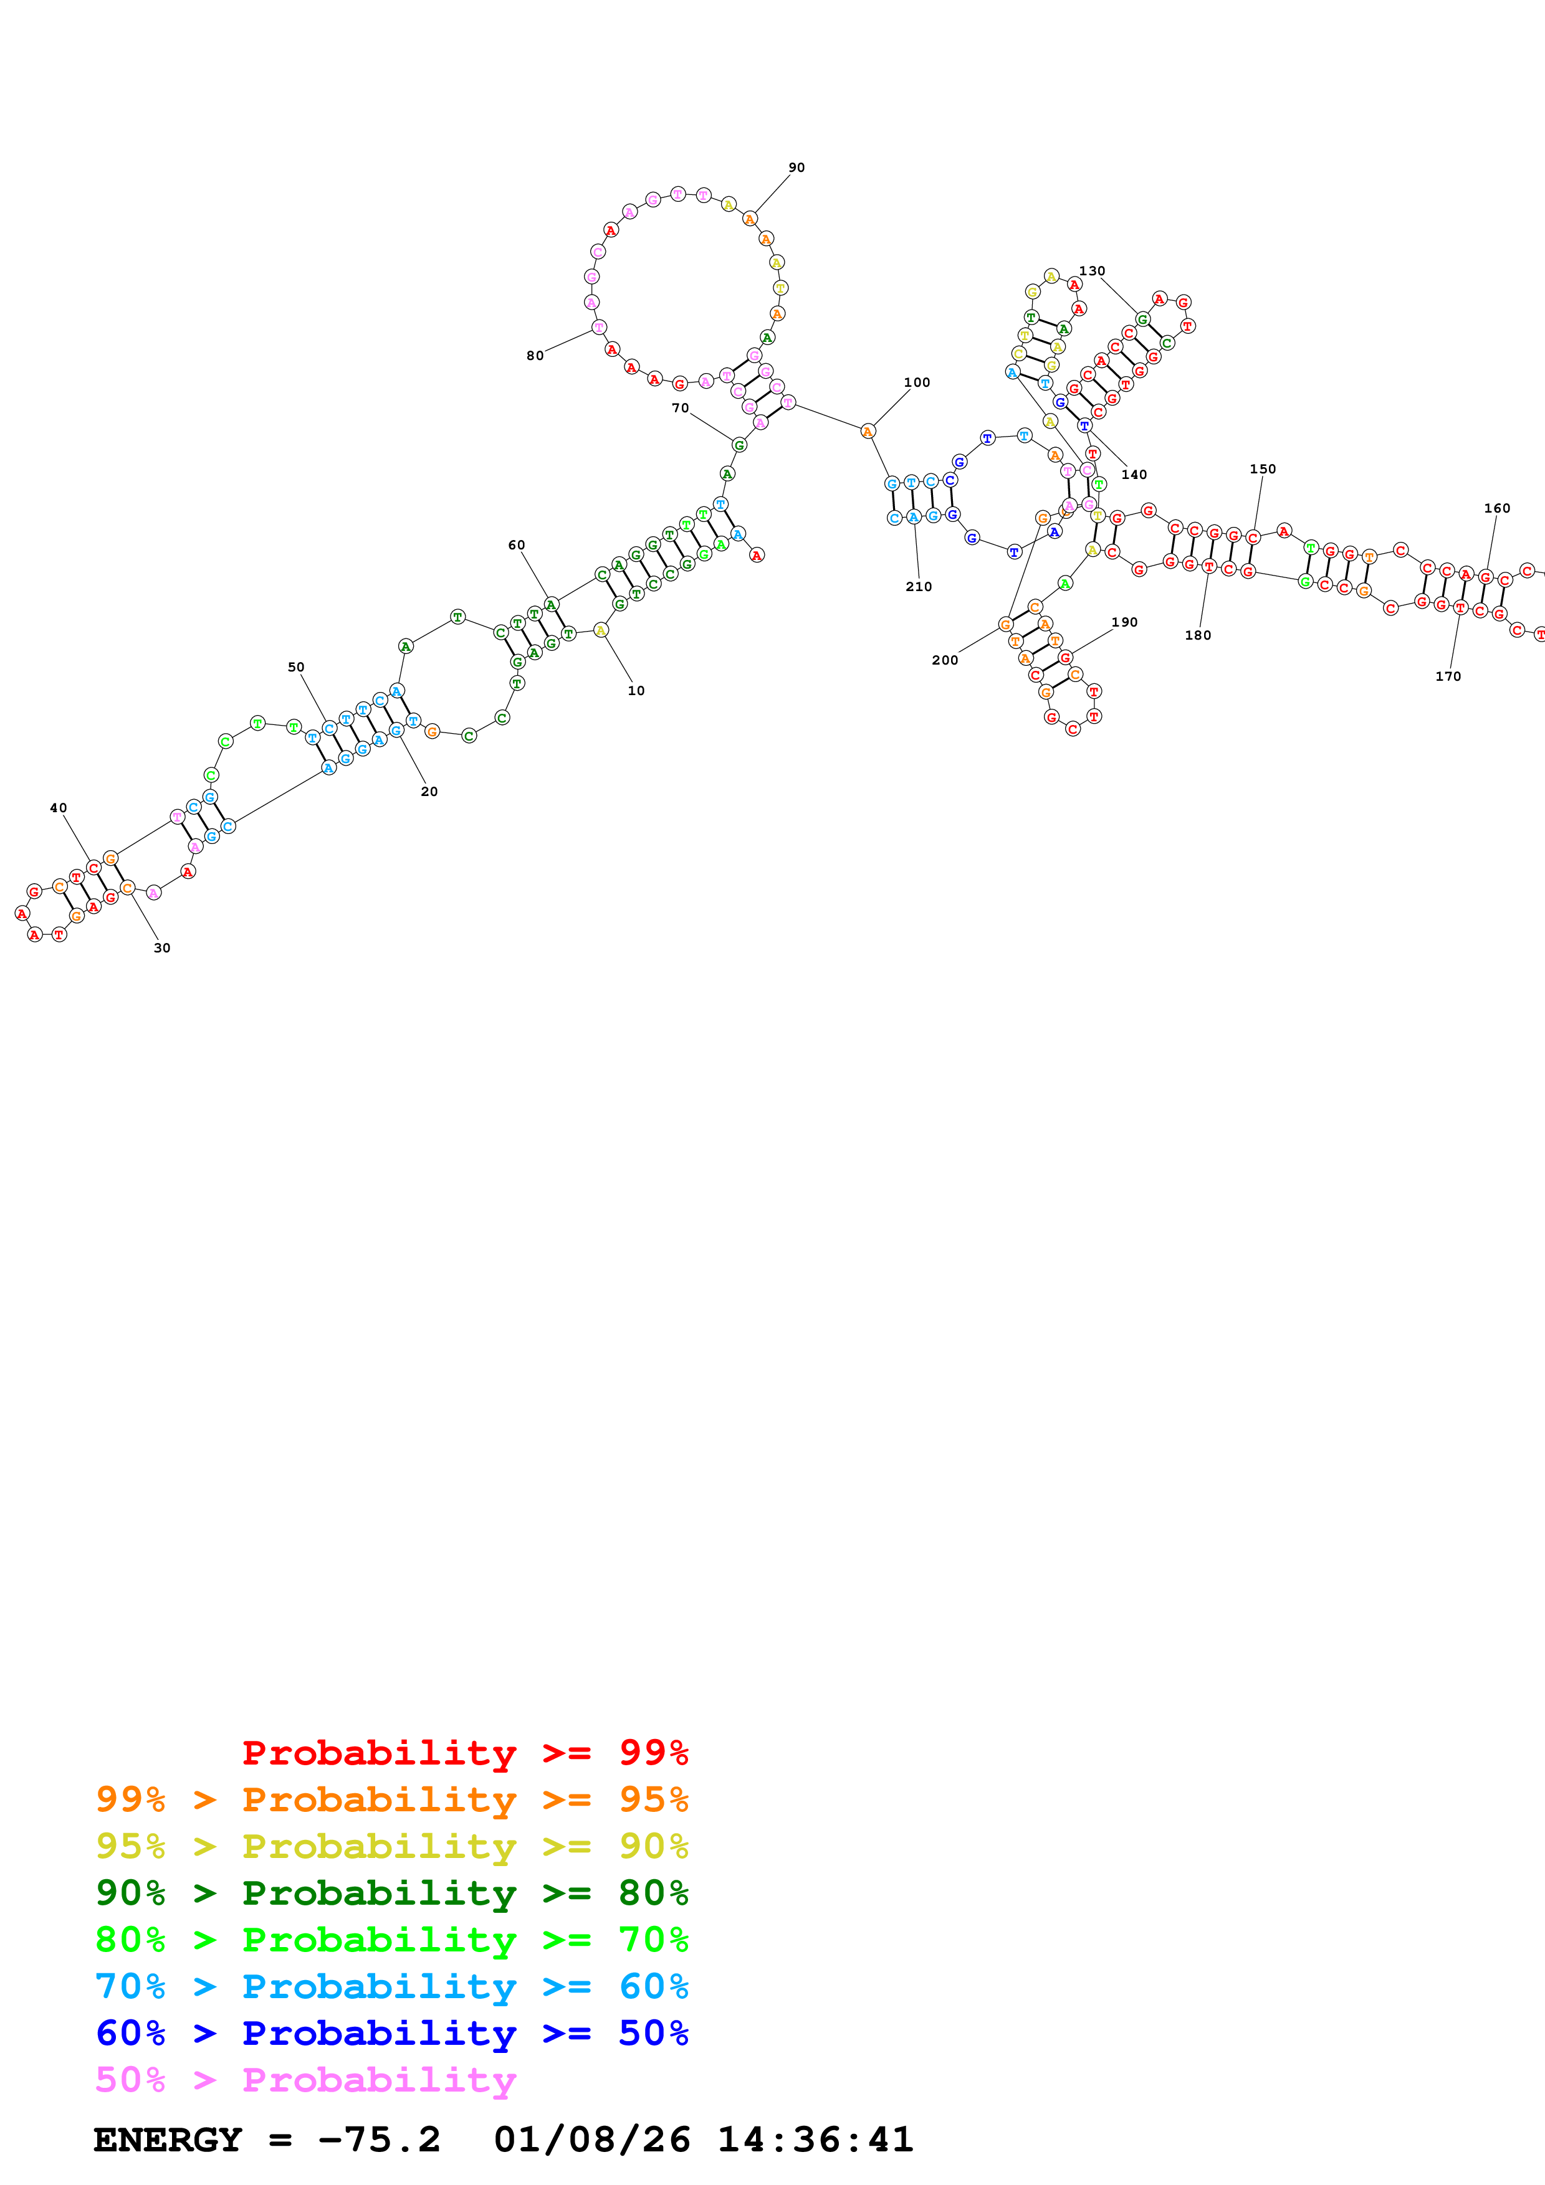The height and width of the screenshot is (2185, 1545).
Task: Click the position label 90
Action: point(796,168)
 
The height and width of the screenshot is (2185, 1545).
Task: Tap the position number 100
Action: point(917,382)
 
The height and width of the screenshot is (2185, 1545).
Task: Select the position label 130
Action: point(1092,271)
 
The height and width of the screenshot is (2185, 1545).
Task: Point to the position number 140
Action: point(1134,475)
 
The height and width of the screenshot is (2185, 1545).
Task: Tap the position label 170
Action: point(1448,676)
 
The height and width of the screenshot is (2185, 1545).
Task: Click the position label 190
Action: point(1124,622)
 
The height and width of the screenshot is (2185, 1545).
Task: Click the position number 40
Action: point(58,808)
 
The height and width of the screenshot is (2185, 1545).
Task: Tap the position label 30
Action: point(162,948)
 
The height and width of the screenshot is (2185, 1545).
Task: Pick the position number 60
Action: point(516,545)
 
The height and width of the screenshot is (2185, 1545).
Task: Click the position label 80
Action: point(535,356)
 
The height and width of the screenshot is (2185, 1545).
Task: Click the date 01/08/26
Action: point(592,2140)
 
